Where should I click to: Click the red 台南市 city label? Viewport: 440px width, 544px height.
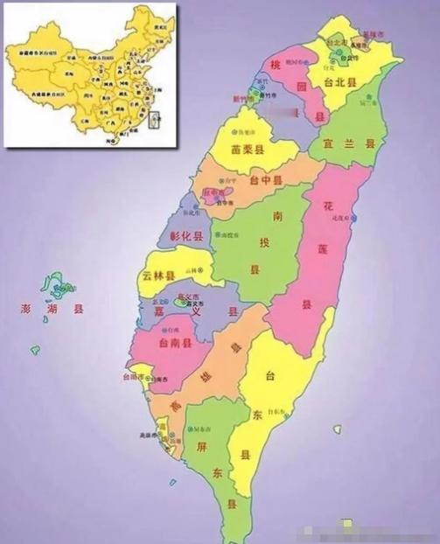coord(129,378)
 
